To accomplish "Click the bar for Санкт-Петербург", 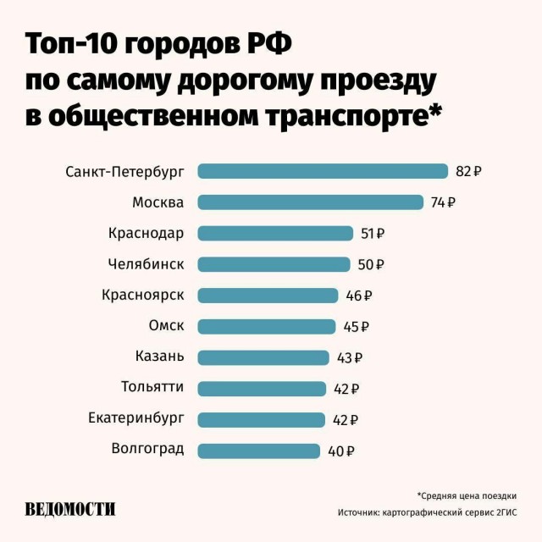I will tap(323, 171).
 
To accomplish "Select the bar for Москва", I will tap(310, 202).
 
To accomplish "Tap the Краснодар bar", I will tap(275, 234).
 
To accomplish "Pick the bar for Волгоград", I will tap(259, 451).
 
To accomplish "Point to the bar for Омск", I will tap(267, 327).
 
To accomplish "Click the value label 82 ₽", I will tap(468, 171).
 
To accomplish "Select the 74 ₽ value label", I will tap(443, 202).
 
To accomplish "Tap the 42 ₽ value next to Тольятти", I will tap(346, 390).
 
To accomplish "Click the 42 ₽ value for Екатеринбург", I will tap(346, 420).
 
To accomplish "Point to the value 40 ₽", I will tap(340, 451).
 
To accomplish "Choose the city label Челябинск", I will tap(146, 264).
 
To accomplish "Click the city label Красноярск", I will tap(142, 296).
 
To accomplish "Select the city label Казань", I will tap(159, 357).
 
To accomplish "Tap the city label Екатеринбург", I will tap(135, 419).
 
